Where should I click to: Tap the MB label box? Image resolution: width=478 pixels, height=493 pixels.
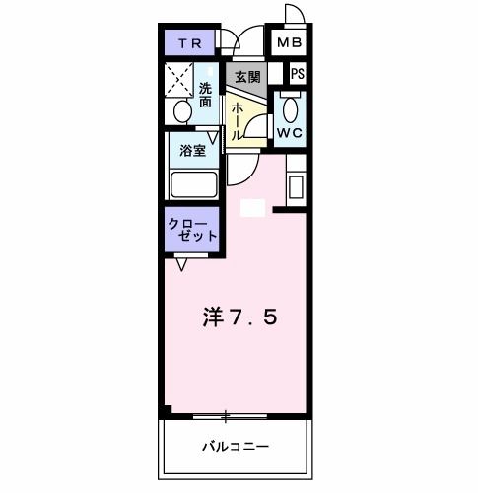[288, 43]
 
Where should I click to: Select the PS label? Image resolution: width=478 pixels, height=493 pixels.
[297, 74]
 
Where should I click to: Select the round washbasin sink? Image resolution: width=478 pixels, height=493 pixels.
[180, 112]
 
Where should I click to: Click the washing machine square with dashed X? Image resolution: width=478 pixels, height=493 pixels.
[180, 78]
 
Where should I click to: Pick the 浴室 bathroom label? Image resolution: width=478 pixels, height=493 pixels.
[192, 151]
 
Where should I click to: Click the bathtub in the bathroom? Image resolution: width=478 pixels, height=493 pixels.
[193, 184]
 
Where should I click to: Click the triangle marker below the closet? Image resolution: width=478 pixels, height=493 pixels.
[182, 264]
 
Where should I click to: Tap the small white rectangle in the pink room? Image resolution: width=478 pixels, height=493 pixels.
[253, 208]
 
